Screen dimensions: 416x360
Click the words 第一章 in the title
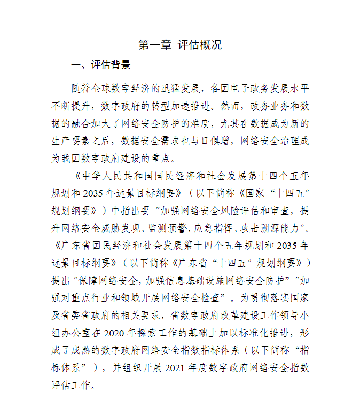coord(154,45)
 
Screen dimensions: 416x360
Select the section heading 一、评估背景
coord(101,65)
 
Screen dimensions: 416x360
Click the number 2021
coord(179,367)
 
